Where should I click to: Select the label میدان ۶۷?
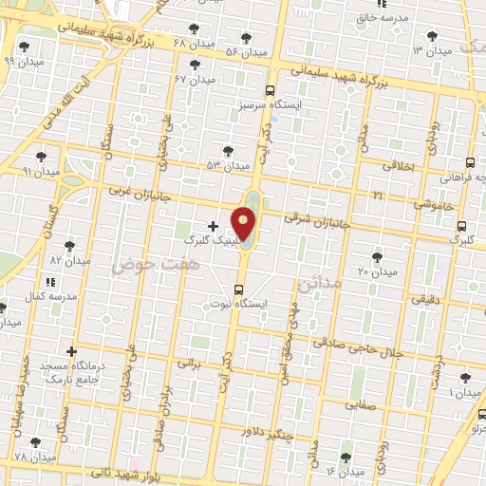(195, 80)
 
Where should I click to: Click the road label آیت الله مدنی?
(70, 104)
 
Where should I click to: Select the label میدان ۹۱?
(41, 172)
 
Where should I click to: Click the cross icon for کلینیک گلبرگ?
(212, 226)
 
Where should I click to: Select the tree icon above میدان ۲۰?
(377, 256)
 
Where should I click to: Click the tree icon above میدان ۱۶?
(346, 456)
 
